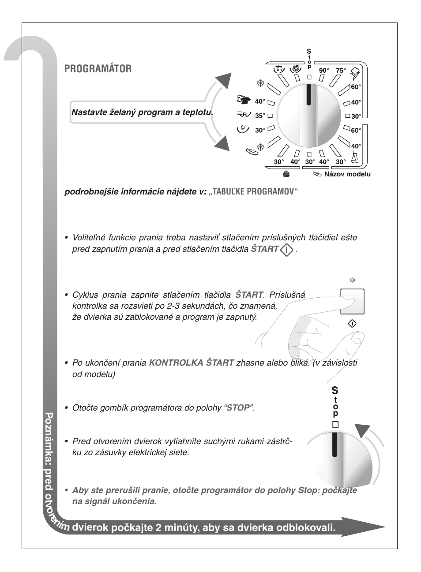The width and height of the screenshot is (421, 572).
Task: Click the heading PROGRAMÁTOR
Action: [98, 69]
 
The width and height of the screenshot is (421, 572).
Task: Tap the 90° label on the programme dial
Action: [324, 71]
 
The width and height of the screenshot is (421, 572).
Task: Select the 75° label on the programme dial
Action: [341, 71]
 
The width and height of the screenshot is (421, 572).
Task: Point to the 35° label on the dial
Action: [260, 116]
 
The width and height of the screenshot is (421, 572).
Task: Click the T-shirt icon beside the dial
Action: [242, 99]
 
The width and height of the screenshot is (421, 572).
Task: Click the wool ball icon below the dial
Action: [286, 174]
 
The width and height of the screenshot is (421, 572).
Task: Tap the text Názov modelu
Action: [347, 174]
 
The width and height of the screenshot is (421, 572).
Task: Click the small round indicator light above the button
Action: [352, 280]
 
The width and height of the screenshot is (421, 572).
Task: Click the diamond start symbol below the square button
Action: [352, 323]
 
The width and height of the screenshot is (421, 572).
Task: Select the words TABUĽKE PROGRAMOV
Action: [253, 192]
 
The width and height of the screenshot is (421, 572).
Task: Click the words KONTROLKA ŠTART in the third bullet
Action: [191, 363]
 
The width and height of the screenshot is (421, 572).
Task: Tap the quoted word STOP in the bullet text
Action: [238, 408]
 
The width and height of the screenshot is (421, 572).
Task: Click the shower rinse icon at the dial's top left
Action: [278, 69]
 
